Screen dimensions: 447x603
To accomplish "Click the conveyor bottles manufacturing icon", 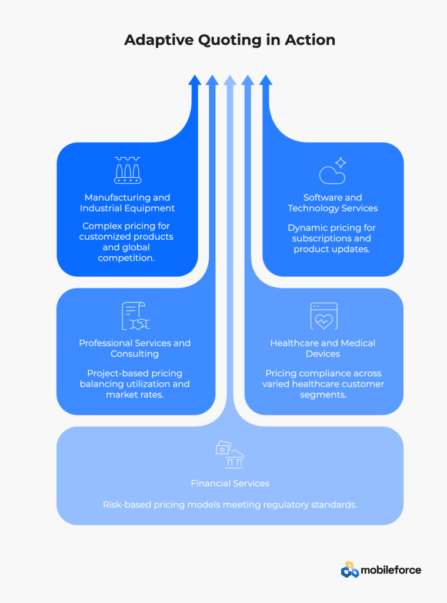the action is click(128, 170).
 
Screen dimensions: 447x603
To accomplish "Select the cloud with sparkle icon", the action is click(332, 170).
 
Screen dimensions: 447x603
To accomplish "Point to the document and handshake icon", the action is click(135, 316).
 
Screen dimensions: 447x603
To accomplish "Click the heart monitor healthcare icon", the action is click(323, 316).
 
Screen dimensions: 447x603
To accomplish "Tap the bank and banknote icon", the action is click(229, 455).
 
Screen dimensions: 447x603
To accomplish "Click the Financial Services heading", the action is click(230, 483).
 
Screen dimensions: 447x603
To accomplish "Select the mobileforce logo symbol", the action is click(349, 569).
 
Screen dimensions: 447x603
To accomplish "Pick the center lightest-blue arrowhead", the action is click(230, 80).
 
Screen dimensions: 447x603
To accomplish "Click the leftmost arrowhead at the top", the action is click(195, 80).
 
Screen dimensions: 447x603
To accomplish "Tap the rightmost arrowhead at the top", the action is click(266, 80).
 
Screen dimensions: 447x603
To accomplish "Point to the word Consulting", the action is click(135, 354).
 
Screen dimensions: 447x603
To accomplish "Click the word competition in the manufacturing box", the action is click(126, 258).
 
